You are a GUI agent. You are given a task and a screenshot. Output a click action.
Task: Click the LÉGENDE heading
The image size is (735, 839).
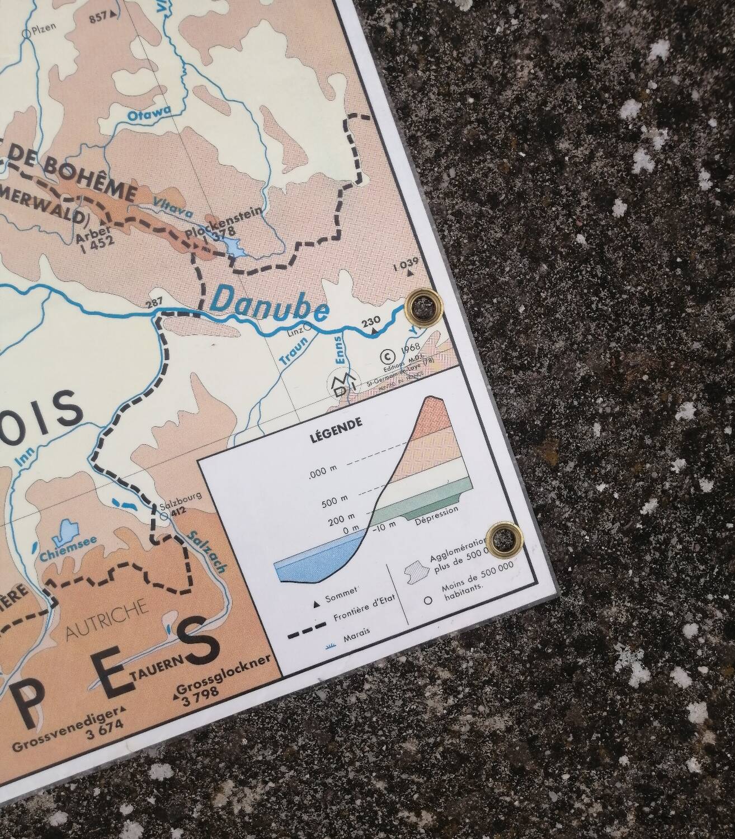coord(336,423)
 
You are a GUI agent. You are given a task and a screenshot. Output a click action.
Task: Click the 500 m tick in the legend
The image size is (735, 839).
coord(335,498)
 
